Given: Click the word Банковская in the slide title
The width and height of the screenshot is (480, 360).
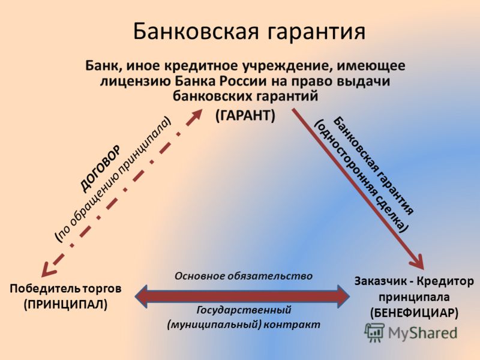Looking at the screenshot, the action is pos(196,31).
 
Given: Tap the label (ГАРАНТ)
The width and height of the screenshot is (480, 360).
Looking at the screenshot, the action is pos(245,115).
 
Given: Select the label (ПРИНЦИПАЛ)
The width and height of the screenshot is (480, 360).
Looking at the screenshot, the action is pos(66,304).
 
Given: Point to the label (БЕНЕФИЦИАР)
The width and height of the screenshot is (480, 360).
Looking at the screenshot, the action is pos(414,313).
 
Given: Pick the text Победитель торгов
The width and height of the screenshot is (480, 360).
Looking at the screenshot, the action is pos(65,289).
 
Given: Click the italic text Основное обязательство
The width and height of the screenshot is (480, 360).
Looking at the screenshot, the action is pos(244,276).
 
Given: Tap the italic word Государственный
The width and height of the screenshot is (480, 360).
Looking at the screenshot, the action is pos(244,310).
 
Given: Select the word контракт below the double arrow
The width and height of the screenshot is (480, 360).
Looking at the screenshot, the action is pos(292,325).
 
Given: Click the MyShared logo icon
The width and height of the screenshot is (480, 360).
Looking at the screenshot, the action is pos(374,332).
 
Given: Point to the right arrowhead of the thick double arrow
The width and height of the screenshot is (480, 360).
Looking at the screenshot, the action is pos(343,296).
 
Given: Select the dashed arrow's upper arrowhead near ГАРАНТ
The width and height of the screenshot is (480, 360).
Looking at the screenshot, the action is pos(196,115).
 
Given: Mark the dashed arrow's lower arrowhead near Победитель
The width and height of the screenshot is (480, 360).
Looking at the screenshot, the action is pos(49,269).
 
